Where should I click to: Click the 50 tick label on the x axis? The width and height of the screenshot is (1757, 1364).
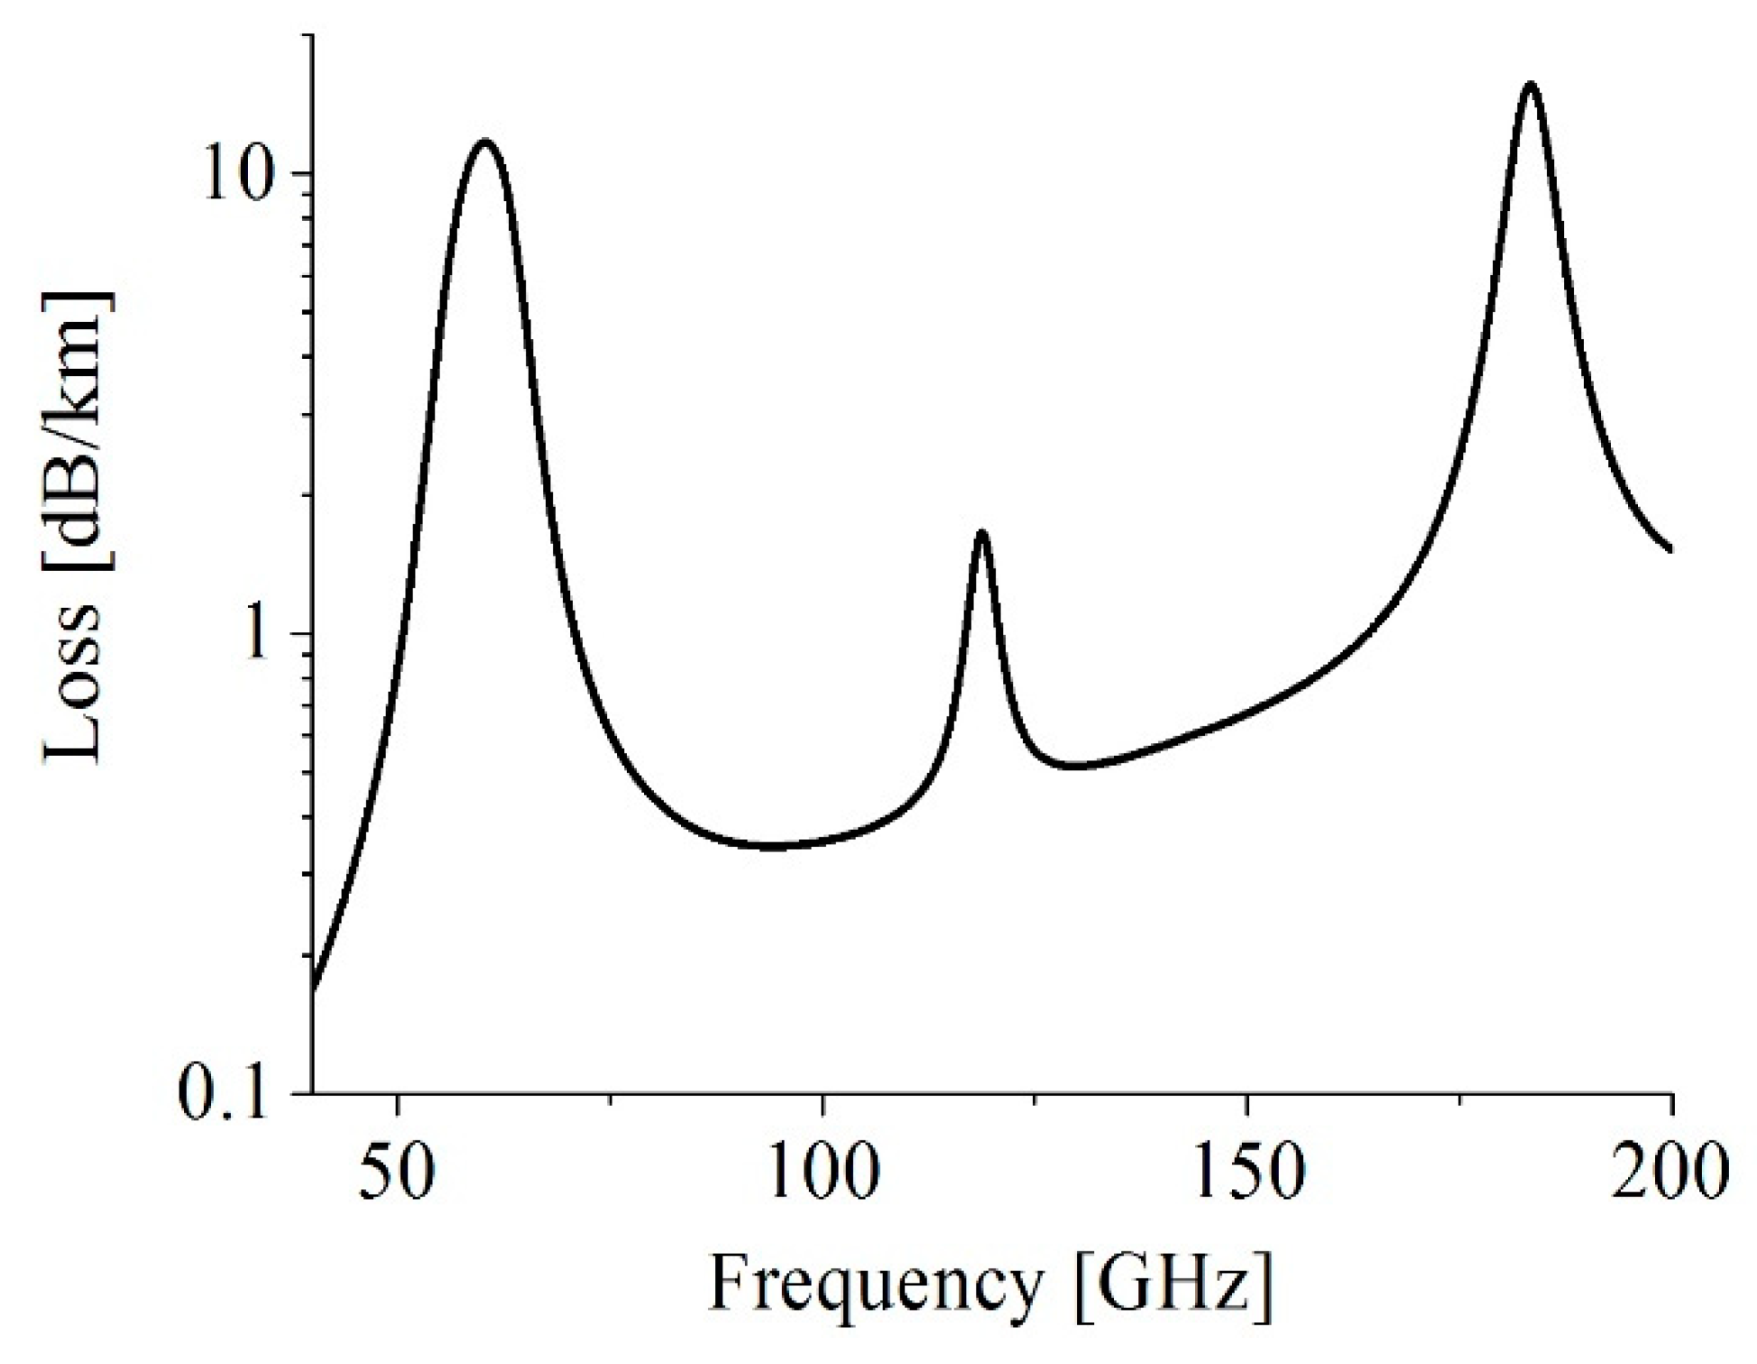[398, 1175]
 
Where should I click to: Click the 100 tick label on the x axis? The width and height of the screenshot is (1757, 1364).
[822, 1175]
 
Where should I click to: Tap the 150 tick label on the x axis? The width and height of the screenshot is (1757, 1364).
[1246, 1175]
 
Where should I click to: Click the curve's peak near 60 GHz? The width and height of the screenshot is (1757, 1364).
[485, 142]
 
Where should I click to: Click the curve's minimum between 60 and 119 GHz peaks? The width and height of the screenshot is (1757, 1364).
[772, 846]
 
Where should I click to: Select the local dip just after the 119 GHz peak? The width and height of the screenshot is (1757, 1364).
[1073, 766]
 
